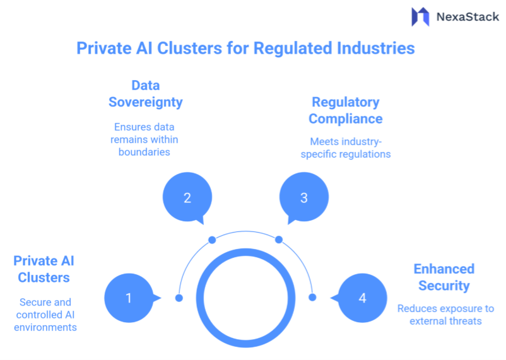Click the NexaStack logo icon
pyautogui.click(x=420, y=16)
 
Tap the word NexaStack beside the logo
pyautogui.click(x=468, y=17)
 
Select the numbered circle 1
pyautogui.click(x=129, y=298)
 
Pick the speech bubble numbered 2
pyautogui.click(x=187, y=197)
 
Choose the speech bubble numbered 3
pyautogui.click(x=303, y=197)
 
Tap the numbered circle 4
pyautogui.click(x=362, y=298)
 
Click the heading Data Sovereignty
pyautogui.click(x=145, y=93)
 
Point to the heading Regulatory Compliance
pyautogui.click(x=346, y=110)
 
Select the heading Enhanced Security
pyautogui.click(x=444, y=277)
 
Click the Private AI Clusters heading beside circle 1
pyautogui.click(x=44, y=269)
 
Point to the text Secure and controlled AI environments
pyautogui.click(x=45, y=315)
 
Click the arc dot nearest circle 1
pyautogui.click(x=179, y=298)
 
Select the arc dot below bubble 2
pyautogui.click(x=212, y=240)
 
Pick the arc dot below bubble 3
pyautogui.click(x=279, y=240)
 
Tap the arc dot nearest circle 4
pyautogui.click(x=312, y=298)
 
